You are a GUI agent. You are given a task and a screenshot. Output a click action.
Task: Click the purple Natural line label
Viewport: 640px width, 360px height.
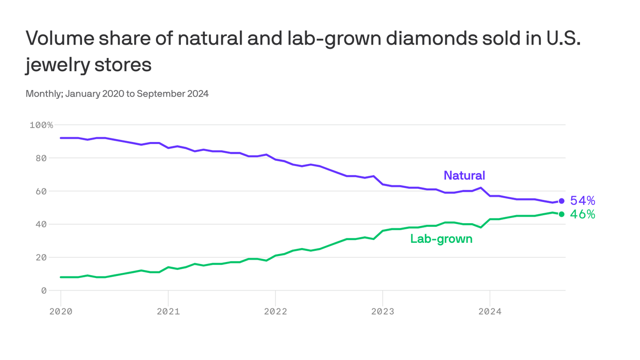pyautogui.click(x=464, y=175)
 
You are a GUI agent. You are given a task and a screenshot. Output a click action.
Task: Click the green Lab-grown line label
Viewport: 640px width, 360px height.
pyautogui.click(x=441, y=239)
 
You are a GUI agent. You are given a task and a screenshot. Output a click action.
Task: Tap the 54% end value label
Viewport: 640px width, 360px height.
pyautogui.click(x=582, y=201)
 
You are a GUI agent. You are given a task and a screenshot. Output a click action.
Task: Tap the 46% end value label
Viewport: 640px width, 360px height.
pyautogui.click(x=582, y=214)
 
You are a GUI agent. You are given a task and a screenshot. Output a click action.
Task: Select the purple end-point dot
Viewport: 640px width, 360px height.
pyautogui.click(x=561, y=201)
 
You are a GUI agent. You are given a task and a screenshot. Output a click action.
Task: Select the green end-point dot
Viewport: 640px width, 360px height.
pyautogui.click(x=561, y=214)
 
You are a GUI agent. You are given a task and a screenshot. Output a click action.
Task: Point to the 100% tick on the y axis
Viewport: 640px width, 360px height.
pyautogui.click(x=41, y=125)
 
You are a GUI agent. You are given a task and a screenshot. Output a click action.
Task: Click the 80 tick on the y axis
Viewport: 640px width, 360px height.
pyautogui.click(x=41, y=158)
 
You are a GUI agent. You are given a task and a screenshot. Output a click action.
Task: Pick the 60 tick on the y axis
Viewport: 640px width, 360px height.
pyautogui.click(x=41, y=191)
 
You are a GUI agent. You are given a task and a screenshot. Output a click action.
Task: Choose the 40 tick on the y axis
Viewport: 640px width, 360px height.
pyautogui.click(x=41, y=224)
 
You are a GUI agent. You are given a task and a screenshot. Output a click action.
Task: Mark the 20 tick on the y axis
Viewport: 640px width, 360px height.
pyautogui.click(x=41, y=257)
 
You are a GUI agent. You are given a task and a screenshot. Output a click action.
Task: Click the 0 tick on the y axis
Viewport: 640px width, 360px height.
pyautogui.click(x=44, y=291)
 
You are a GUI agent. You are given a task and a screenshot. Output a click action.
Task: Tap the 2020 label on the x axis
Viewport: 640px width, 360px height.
pyautogui.click(x=61, y=311)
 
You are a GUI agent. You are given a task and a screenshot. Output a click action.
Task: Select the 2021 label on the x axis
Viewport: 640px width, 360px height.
pyautogui.click(x=168, y=311)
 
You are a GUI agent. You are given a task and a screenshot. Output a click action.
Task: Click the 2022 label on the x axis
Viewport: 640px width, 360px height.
pyautogui.click(x=275, y=311)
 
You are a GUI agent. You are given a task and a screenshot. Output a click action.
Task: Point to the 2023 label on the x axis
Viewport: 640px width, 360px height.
pyautogui.click(x=383, y=311)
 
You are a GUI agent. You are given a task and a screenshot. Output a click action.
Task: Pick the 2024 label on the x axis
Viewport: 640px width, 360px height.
pyautogui.click(x=490, y=311)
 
